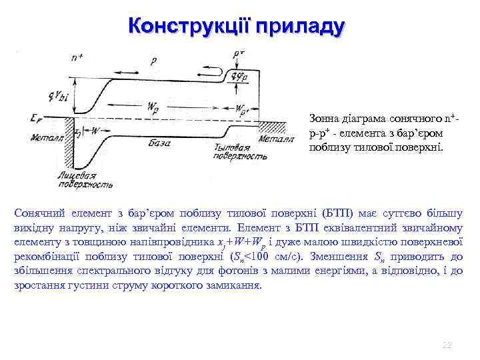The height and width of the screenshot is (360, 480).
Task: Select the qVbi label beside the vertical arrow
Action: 59,97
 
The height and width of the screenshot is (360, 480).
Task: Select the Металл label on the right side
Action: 275,139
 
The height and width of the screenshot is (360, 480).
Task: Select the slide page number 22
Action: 447,344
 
